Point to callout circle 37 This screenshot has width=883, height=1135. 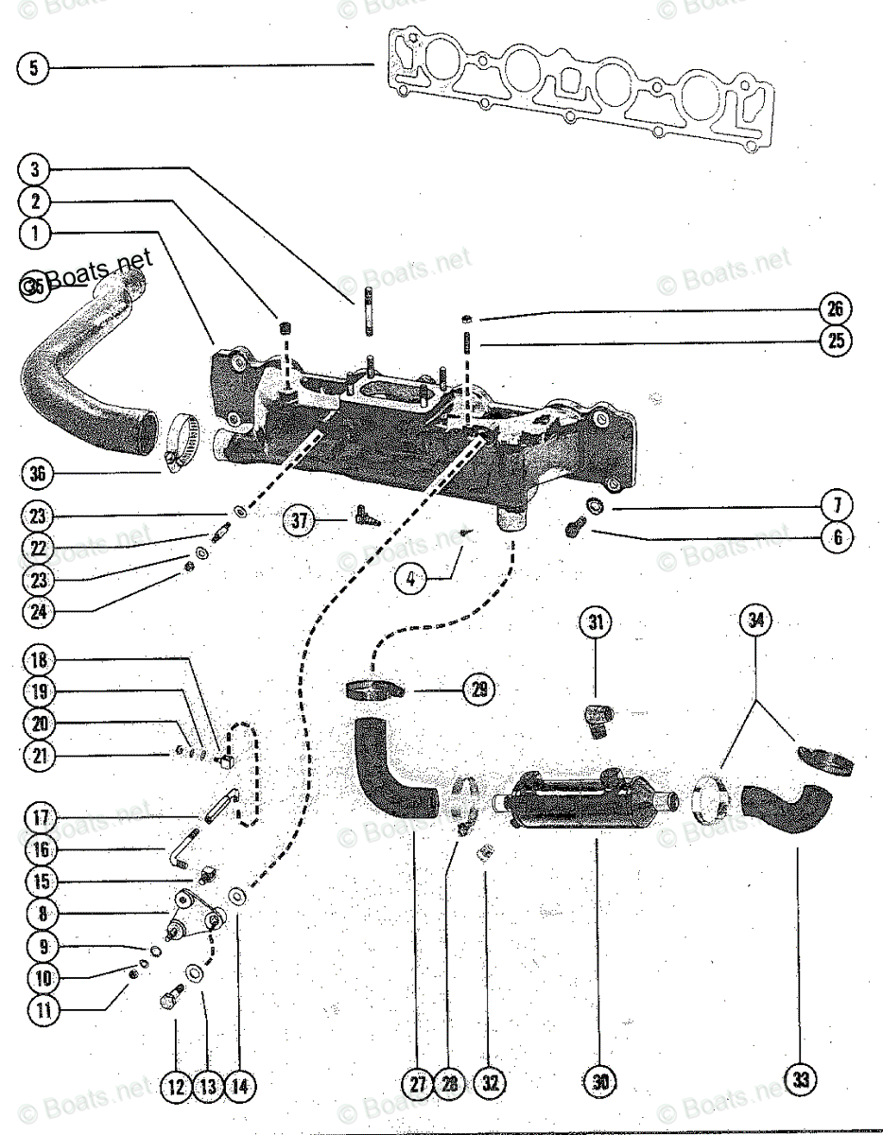click(300, 520)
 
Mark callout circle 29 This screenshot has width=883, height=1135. click(478, 690)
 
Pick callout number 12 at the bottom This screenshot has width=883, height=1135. click(175, 1087)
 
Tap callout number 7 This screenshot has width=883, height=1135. click(838, 505)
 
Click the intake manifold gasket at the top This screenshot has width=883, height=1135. click(577, 90)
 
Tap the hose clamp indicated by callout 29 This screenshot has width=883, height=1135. click(372, 689)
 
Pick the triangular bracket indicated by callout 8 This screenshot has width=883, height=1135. click(194, 913)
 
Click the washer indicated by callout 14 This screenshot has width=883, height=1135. click(235, 894)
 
